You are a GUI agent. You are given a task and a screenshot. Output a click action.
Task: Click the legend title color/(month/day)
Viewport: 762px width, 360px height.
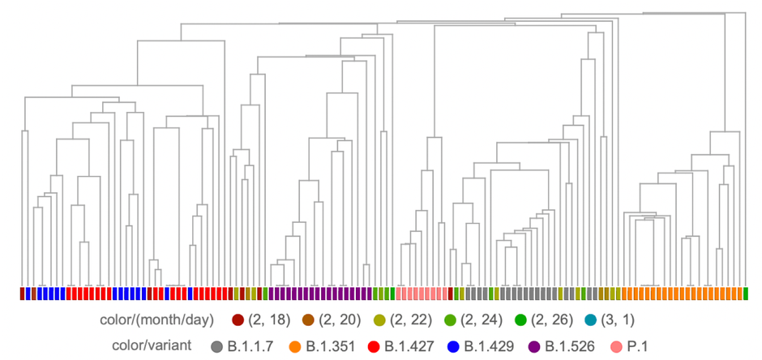tap(156, 320)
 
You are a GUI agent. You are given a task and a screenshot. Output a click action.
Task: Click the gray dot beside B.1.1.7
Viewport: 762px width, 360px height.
tap(216, 347)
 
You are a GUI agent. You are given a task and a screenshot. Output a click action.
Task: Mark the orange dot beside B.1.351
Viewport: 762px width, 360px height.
tap(295, 347)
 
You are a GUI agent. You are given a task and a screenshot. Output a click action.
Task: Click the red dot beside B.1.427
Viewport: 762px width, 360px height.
tap(375, 347)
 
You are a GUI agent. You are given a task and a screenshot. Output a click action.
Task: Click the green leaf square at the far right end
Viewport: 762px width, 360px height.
tap(745, 293)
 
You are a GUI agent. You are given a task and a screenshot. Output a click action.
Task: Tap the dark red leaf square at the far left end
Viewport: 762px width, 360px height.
tap(22, 293)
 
